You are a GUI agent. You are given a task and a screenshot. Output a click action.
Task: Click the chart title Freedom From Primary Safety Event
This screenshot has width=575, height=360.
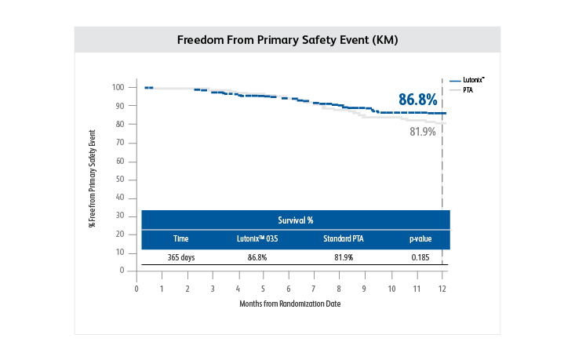tap(287, 39)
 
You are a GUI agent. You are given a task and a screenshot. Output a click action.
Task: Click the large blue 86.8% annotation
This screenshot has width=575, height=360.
tap(417, 100)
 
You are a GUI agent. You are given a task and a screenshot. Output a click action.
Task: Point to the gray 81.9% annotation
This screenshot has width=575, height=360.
tap(423, 132)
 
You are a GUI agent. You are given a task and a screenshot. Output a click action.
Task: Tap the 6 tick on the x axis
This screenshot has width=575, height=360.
tap(288, 289)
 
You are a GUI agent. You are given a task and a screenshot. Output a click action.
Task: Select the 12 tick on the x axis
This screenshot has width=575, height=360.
tap(442, 289)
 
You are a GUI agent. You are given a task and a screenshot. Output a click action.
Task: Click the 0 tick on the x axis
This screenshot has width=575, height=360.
tap(136, 289)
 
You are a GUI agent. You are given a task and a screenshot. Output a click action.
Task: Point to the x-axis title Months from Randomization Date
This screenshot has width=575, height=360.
tap(289, 304)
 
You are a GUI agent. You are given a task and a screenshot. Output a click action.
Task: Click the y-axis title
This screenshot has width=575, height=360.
tap(92, 179)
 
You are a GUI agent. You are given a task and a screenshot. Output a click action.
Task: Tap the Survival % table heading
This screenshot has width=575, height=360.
tap(295, 220)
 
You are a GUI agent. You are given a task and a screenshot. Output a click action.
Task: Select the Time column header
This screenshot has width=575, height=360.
tap(180, 239)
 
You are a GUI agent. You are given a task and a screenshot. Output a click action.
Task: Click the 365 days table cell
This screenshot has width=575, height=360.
tap(180, 257)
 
